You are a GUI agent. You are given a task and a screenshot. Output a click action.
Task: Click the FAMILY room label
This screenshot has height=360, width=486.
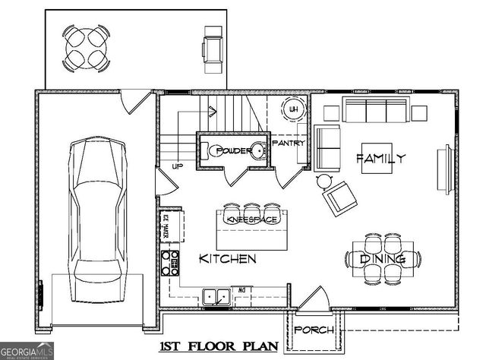[380, 159]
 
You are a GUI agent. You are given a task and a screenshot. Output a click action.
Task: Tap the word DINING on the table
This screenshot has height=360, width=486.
[382, 259]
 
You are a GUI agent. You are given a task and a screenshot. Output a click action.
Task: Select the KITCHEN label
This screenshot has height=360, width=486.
[227, 259]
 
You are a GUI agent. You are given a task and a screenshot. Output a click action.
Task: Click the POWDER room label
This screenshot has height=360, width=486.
[233, 151]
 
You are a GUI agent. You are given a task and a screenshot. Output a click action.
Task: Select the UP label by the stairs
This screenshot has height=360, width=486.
[177, 166]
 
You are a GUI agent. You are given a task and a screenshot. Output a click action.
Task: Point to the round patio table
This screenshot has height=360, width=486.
[85, 48]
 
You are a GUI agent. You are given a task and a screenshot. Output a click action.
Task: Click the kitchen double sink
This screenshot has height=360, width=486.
[218, 296]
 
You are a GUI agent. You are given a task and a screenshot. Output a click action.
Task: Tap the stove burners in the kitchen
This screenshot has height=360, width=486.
[170, 262]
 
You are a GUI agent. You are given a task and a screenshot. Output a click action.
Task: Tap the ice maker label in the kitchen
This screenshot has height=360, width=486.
[164, 227]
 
